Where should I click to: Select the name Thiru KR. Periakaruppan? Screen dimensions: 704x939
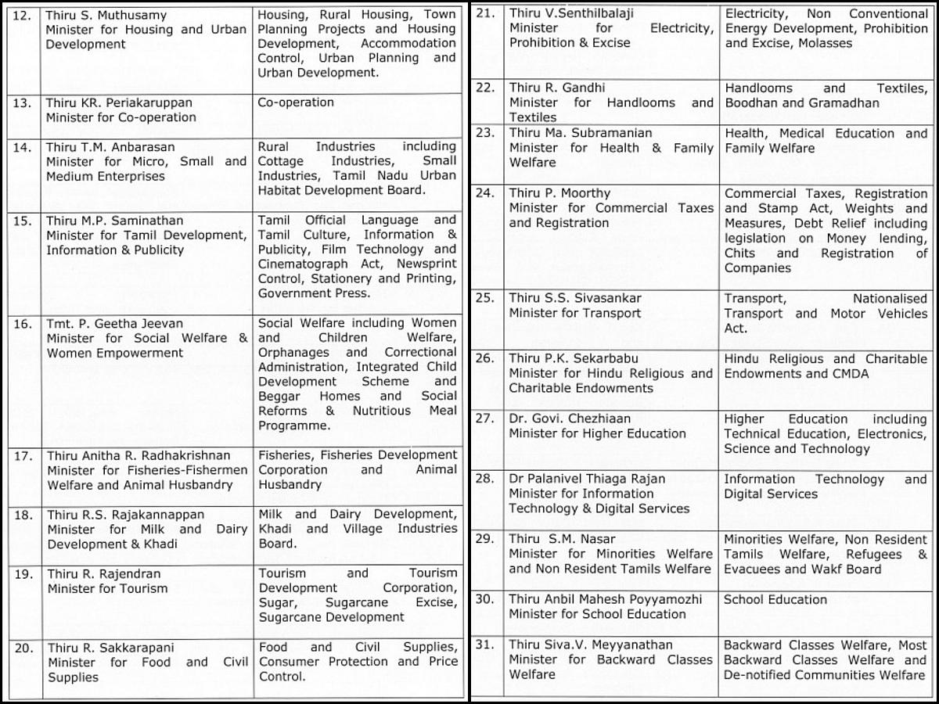click(x=119, y=102)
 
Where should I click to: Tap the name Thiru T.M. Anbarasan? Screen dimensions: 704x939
click(x=110, y=147)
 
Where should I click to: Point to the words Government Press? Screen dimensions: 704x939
click(x=314, y=293)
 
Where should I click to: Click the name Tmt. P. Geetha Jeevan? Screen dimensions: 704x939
click(x=114, y=323)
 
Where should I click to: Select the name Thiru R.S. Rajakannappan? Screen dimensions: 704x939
click(x=125, y=515)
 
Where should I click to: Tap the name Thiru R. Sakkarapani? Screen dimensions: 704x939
click(x=110, y=648)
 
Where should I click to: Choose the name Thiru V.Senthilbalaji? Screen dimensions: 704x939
click(x=572, y=13)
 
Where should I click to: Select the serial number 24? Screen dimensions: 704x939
click(x=485, y=193)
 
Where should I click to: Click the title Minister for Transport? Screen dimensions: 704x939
click(x=574, y=313)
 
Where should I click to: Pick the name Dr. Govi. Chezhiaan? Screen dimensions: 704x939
click(x=570, y=418)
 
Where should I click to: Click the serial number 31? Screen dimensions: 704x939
click(x=485, y=645)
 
